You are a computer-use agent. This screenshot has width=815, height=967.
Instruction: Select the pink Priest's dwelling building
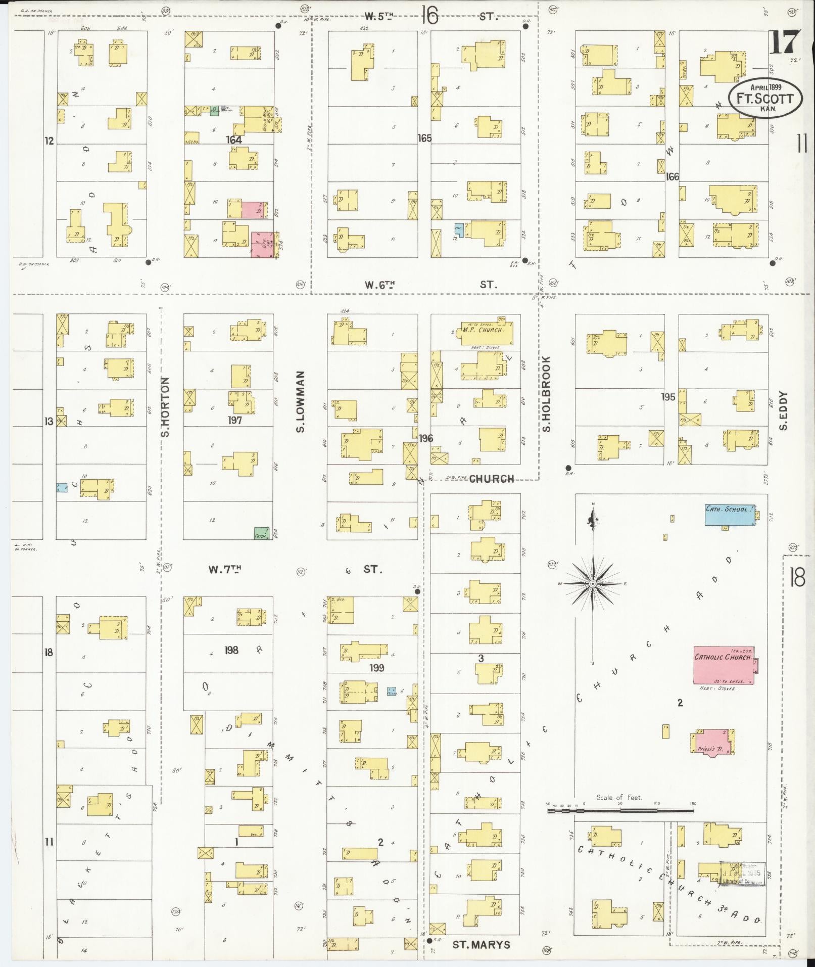[712, 741]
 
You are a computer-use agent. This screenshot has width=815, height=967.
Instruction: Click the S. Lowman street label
[300, 402]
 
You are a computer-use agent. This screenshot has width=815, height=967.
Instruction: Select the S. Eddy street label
[784, 410]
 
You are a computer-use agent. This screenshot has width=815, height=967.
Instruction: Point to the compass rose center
[593, 584]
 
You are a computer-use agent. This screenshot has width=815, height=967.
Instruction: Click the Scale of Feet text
[618, 797]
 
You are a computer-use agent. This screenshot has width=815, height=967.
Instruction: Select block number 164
[234, 140]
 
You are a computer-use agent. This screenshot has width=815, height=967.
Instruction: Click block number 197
[234, 420]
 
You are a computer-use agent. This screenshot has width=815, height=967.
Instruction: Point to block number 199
[376, 668]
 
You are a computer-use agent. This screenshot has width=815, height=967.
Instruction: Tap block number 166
[672, 176]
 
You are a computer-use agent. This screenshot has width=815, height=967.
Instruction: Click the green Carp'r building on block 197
[261, 532]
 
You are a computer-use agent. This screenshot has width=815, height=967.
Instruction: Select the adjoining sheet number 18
[797, 577]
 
